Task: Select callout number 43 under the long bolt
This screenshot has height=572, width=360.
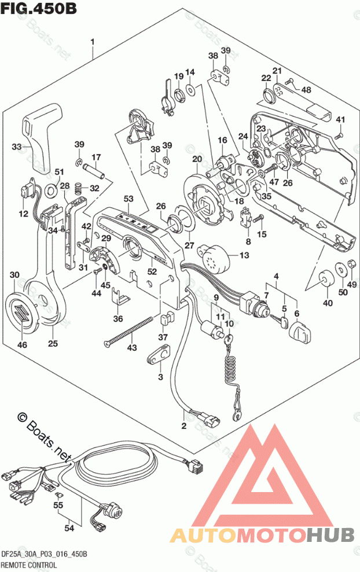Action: (x=133, y=347)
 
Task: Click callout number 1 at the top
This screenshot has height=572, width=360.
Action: (x=92, y=41)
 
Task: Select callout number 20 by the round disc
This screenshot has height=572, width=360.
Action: (x=197, y=160)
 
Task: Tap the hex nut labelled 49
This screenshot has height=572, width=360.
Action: (x=350, y=267)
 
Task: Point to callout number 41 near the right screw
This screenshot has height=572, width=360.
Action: (x=341, y=120)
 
